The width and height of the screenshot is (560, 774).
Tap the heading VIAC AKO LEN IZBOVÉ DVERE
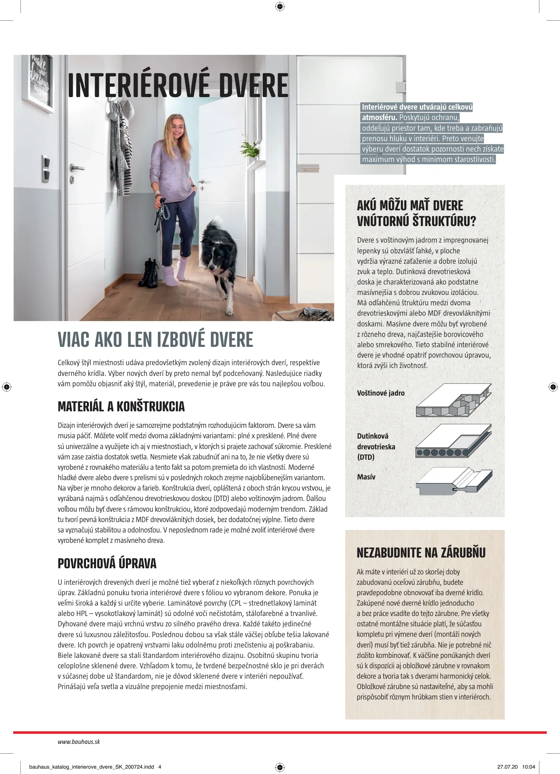155,340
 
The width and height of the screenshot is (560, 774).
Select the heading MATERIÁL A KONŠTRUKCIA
121,406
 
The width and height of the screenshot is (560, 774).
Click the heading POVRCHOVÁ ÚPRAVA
107,563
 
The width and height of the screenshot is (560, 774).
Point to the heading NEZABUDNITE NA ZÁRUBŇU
421,553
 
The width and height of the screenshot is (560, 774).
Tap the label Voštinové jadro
380,393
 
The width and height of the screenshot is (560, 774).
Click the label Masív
366,477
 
